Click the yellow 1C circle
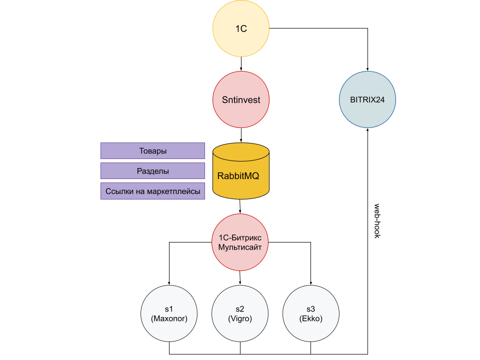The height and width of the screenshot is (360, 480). click(x=241, y=29)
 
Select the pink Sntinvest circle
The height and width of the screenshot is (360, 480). click(x=241, y=100)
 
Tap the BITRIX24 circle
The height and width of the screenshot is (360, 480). click(x=367, y=99)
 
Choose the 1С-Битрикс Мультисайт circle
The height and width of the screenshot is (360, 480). click(x=240, y=242)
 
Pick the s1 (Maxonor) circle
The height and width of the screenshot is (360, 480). click(x=169, y=313)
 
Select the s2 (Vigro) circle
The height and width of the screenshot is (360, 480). click(x=240, y=313)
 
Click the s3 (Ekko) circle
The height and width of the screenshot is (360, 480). click(x=311, y=313)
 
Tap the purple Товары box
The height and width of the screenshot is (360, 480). click(x=152, y=150)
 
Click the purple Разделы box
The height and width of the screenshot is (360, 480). click(x=152, y=171)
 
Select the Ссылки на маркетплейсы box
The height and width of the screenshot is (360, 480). click(x=152, y=191)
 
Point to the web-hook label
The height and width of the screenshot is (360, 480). click(x=377, y=220)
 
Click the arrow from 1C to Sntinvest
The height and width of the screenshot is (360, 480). click(x=241, y=64)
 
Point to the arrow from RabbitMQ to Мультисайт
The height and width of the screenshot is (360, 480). click(x=240, y=206)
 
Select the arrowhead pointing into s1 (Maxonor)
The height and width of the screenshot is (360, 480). click(x=169, y=282)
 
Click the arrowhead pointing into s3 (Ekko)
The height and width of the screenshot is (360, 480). click(x=311, y=282)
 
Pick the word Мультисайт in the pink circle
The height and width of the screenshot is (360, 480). click(x=240, y=247)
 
